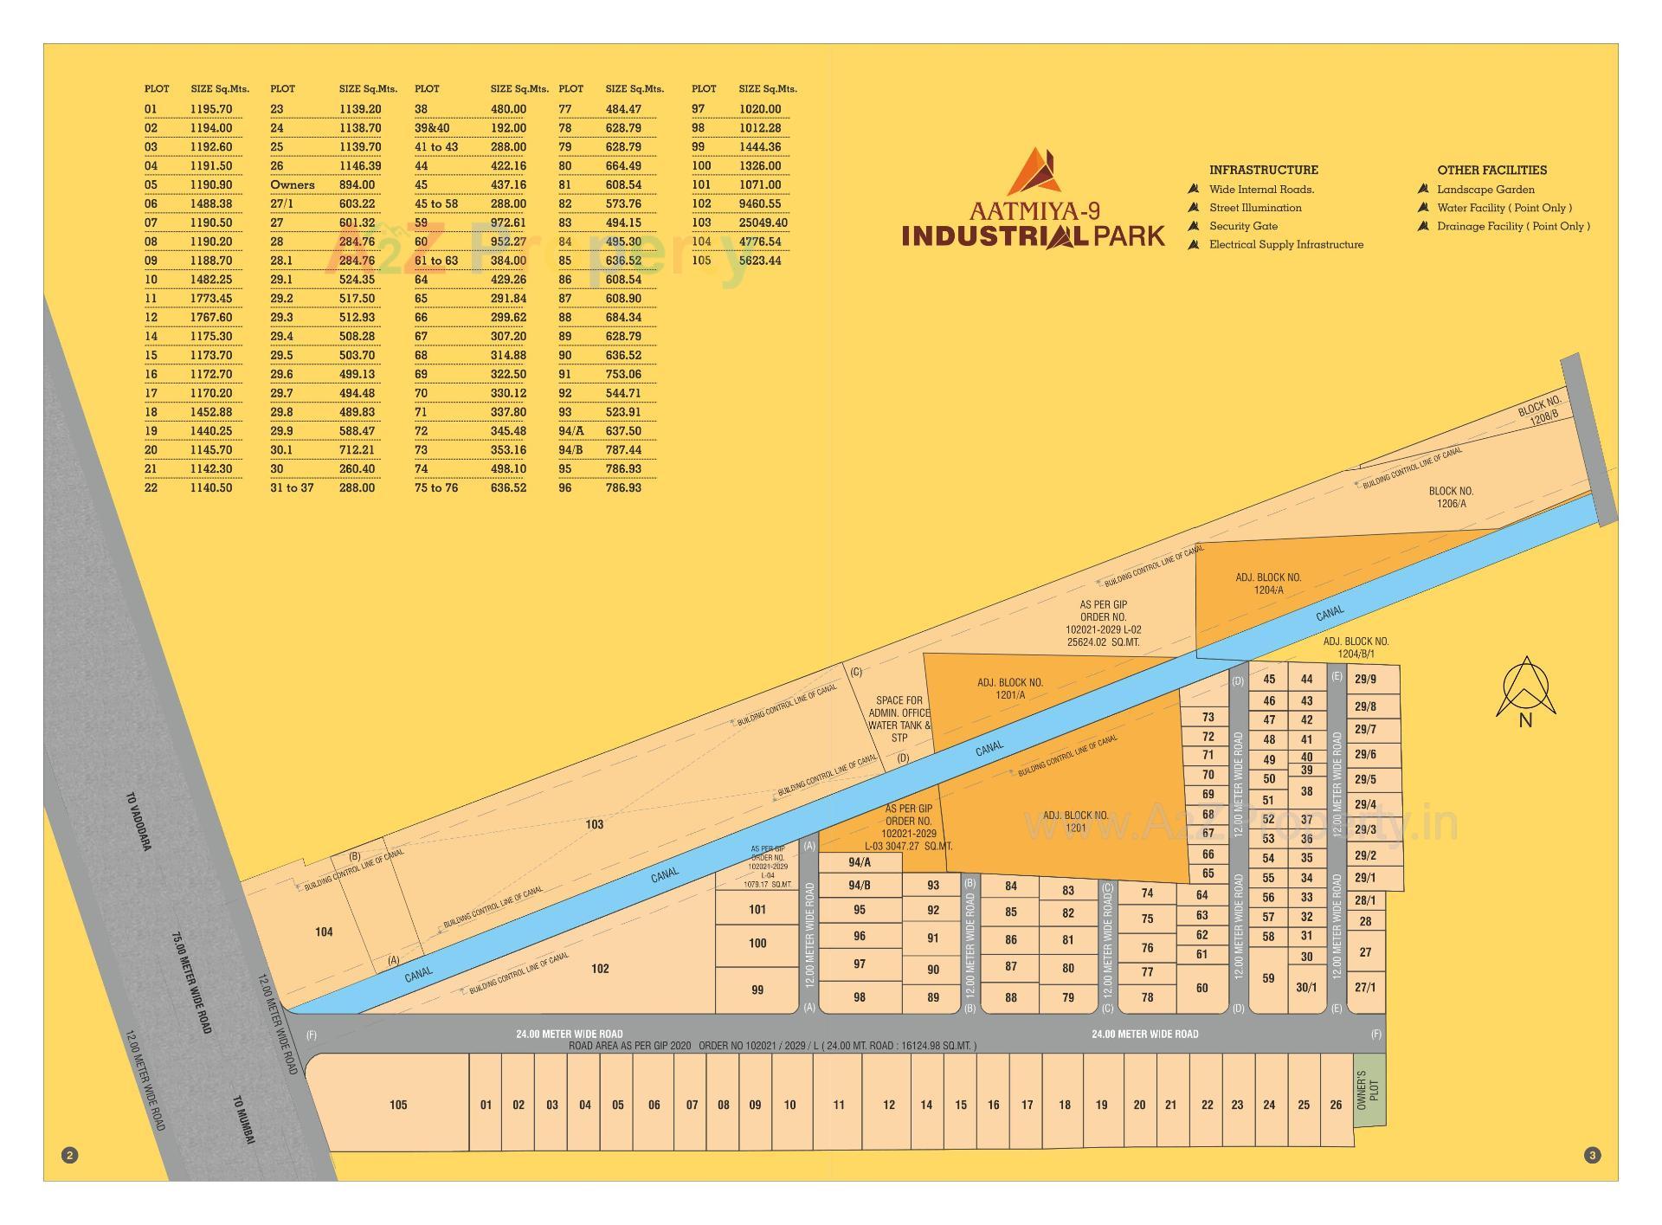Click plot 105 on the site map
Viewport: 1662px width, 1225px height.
click(397, 1105)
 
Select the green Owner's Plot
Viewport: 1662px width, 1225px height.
click(1369, 1090)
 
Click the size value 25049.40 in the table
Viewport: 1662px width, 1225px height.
click(763, 222)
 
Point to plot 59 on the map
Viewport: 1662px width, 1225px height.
click(1268, 978)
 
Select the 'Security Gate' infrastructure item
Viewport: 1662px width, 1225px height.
click(1243, 226)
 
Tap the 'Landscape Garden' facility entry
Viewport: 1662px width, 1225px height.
click(1485, 190)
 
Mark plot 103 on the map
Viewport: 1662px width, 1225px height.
click(594, 824)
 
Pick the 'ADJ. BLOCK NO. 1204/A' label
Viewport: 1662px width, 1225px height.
click(1268, 583)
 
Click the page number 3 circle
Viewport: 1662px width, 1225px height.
click(1592, 1155)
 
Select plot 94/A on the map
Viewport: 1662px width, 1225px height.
click(860, 862)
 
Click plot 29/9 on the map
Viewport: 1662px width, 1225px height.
click(1365, 680)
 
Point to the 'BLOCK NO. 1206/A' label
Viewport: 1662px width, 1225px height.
click(1451, 497)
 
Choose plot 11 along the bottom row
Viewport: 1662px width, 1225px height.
click(838, 1105)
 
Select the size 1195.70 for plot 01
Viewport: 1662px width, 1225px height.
click(211, 109)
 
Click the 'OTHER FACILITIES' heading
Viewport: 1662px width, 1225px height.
click(1491, 170)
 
